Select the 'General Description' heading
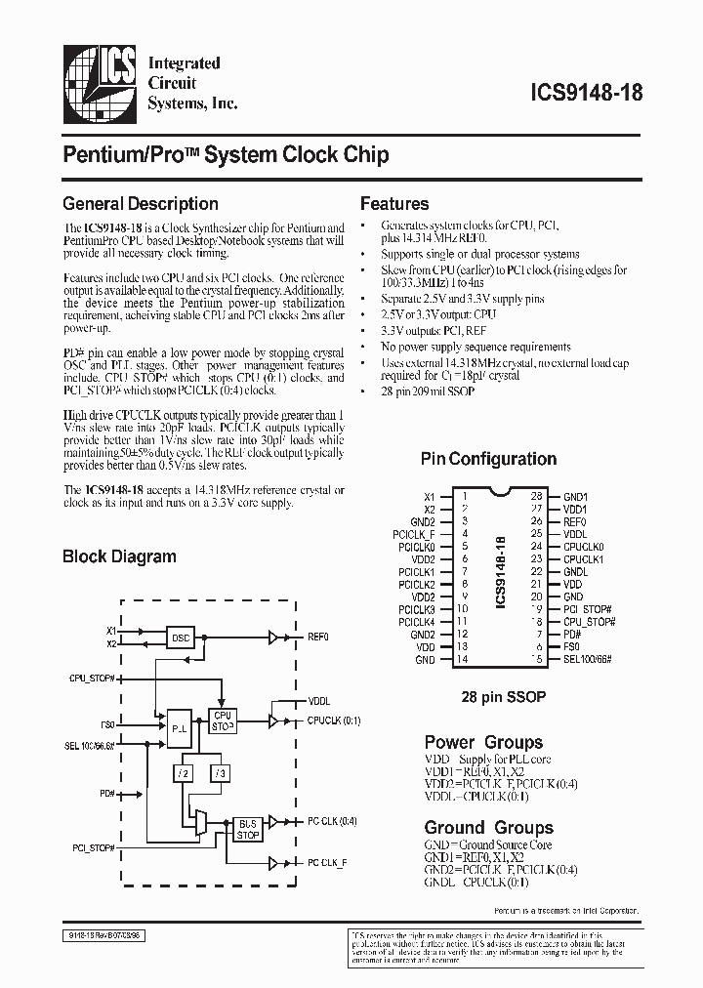140,204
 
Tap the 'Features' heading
394,204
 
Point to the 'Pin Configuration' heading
488,459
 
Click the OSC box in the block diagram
181,637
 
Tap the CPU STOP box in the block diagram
223,720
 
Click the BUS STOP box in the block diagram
248,829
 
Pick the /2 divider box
183,773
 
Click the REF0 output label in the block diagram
319,637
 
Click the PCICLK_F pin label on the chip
416,534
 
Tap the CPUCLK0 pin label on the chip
583,547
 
